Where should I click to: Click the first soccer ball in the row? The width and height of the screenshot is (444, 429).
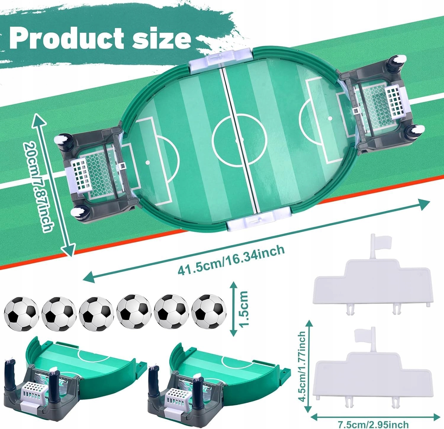tap(22, 313)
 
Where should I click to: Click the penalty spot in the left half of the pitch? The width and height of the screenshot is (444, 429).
tap(147, 162)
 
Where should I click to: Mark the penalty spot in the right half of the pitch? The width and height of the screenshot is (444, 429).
tap(330, 118)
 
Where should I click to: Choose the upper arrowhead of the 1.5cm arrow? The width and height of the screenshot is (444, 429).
tap(234, 286)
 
